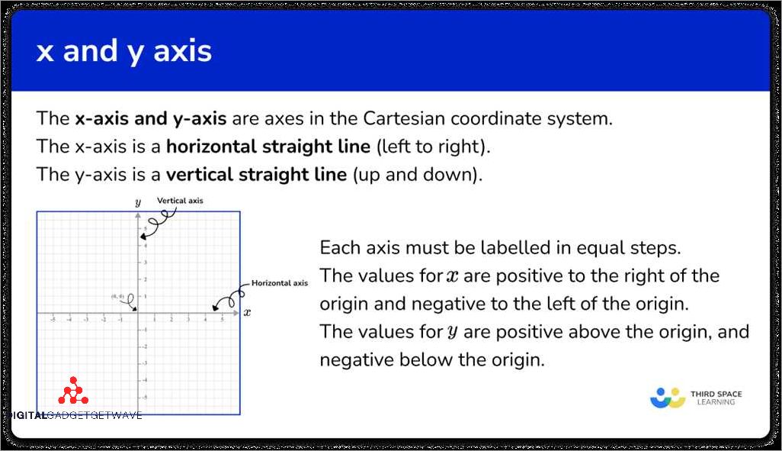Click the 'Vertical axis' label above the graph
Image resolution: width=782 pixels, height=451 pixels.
click(x=180, y=201)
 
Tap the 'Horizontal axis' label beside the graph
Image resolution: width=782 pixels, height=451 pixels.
click(x=280, y=283)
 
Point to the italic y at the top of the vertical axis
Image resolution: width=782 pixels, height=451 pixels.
click(x=137, y=203)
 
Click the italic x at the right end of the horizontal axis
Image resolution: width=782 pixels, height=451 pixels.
click(x=248, y=312)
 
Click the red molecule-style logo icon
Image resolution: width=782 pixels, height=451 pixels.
click(x=73, y=391)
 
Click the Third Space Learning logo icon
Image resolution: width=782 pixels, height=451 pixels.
click(x=668, y=398)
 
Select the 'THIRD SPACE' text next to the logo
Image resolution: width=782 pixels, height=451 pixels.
click(x=716, y=394)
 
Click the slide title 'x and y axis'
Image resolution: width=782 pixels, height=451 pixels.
click(x=124, y=52)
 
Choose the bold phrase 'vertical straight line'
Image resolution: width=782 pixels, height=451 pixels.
click(x=256, y=174)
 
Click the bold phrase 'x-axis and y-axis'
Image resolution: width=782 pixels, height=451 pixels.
click(x=150, y=119)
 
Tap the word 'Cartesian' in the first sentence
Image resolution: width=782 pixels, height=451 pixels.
click(x=404, y=119)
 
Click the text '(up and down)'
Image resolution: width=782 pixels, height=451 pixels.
click(x=417, y=174)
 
